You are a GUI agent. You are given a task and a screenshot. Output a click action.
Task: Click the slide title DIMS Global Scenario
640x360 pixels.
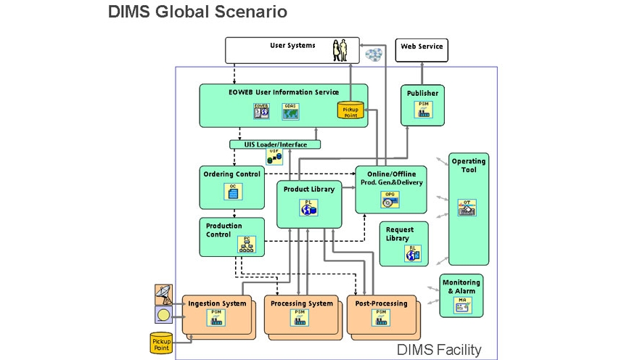[197, 12]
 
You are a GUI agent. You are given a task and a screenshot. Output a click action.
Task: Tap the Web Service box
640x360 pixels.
[422, 49]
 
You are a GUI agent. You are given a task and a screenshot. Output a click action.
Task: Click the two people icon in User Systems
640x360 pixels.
[340, 51]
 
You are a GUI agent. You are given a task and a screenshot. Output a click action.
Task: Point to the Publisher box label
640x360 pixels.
[422, 94]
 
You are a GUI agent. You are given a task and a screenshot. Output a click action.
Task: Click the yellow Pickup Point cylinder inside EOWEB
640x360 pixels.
[350, 111]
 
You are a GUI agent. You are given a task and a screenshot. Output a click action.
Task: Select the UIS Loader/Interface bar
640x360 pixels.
[275, 144]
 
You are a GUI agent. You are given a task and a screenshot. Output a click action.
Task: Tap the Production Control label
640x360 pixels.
[223, 230]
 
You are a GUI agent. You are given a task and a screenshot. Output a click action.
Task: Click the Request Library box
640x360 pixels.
[404, 243]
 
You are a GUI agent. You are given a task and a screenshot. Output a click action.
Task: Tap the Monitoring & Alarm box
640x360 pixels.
[461, 295]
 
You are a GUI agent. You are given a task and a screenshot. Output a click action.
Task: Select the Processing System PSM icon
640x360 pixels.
[298, 318]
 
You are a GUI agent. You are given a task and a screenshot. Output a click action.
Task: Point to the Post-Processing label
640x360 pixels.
[382, 303]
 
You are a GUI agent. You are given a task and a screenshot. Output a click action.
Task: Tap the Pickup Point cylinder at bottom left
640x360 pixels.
[161, 343]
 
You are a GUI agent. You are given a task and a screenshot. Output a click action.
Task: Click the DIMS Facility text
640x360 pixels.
[438, 350]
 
